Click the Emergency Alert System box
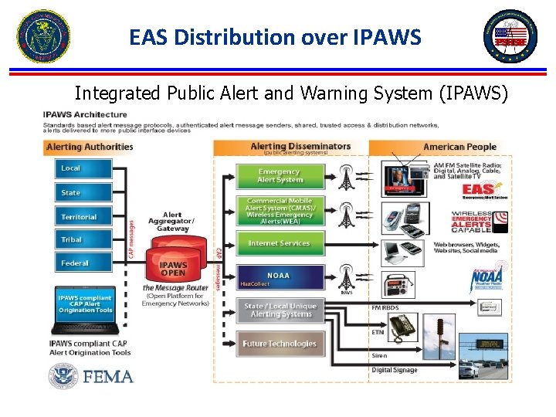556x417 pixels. pos(279,176)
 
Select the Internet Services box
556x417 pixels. pos(279,243)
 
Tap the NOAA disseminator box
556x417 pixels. pos(279,278)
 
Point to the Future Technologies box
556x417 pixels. pos(279,344)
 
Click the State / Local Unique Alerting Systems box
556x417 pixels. pos(279,310)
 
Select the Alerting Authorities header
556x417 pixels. pos(90,147)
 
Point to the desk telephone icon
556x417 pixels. pos(403,327)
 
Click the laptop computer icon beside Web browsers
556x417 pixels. pos(402,250)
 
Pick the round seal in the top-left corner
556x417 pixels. pos(43,36)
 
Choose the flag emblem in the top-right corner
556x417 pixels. pos(510,36)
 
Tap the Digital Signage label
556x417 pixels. pos(395,371)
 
